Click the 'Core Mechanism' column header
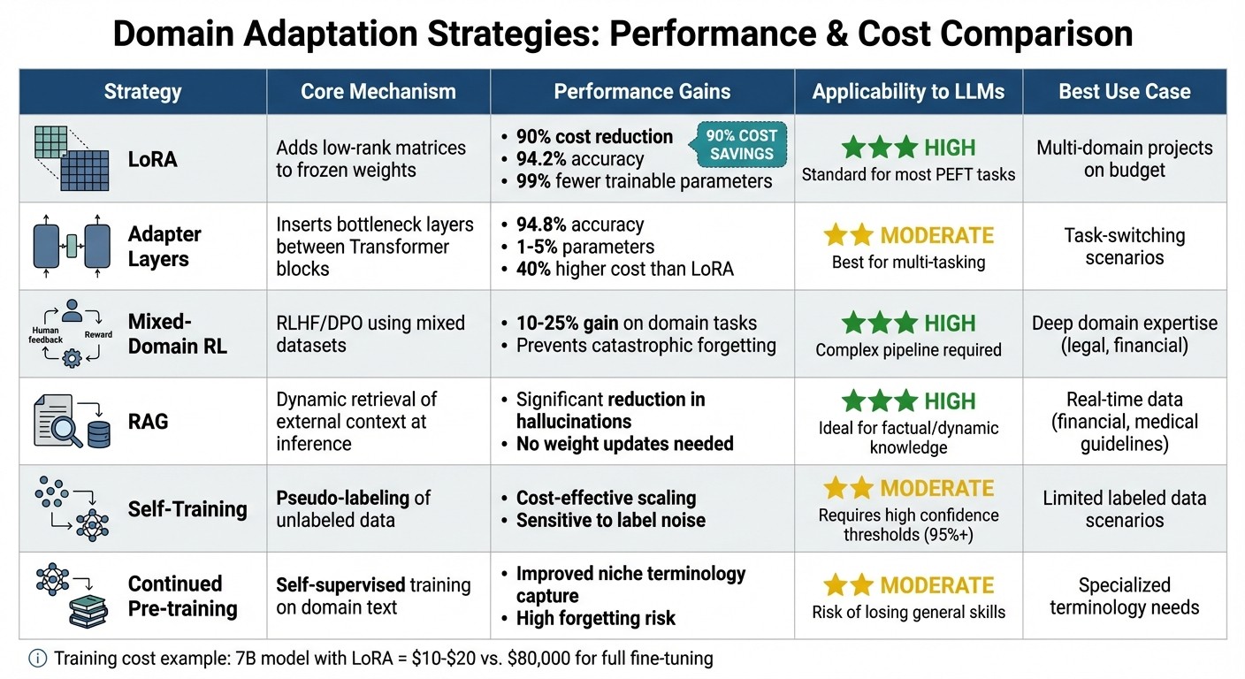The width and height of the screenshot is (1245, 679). [378, 92]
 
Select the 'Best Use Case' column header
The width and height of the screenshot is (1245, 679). [1124, 92]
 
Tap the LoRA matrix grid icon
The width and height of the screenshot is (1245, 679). [71, 158]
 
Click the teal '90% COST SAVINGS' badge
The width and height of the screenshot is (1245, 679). [742, 145]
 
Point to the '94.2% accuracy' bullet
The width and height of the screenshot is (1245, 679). [580, 159]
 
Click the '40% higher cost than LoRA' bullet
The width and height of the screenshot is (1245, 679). [624, 269]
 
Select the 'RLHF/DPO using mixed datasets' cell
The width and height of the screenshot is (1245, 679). [370, 333]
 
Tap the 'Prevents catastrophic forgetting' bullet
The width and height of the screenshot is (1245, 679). [645, 345]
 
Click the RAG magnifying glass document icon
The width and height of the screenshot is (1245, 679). [58, 422]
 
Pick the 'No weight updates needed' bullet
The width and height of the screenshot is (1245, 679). [624, 444]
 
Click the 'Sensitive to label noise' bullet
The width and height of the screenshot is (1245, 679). [610, 520]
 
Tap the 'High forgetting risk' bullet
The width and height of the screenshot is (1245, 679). [595, 618]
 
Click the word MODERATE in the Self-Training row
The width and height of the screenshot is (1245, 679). [936, 488]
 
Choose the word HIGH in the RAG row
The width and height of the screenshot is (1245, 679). [949, 401]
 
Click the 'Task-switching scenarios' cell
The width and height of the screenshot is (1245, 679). [1125, 247]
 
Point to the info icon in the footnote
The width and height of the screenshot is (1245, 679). [38, 658]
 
